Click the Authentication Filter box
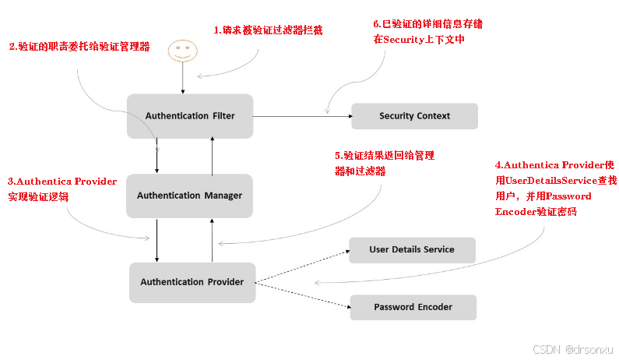click(189, 116)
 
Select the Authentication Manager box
click(189, 196)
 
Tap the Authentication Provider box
click(192, 281)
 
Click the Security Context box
click(414, 116)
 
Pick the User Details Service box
click(412, 249)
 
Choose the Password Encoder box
click(413, 306)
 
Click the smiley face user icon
click(182, 52)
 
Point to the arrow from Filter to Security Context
click(300, 116)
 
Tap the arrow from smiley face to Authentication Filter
click(182, 79)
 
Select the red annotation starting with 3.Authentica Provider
click(62, 189)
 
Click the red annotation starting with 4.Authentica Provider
click(556, 189)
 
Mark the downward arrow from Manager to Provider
click(157, 240)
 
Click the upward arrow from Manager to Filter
click(211, 155)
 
